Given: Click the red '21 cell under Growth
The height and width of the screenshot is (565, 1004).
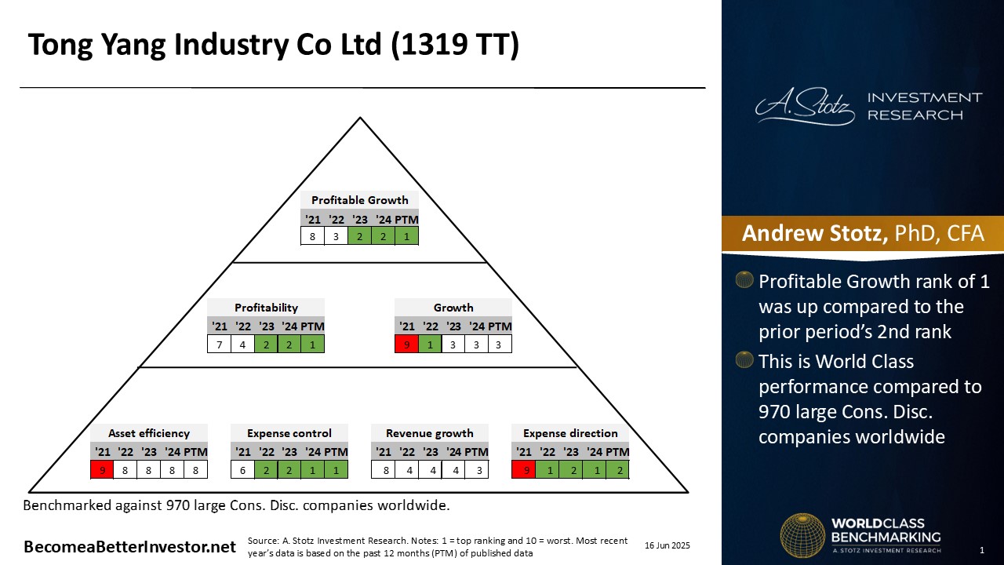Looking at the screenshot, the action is point(406,344).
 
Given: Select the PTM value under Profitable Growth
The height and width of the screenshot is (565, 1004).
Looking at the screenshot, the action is point(406,236).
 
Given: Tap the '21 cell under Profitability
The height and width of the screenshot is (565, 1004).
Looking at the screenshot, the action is point(219,344).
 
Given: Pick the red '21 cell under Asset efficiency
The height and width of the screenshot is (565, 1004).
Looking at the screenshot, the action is point(102,470).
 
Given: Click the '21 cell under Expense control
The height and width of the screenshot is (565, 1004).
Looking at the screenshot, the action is point(243,470).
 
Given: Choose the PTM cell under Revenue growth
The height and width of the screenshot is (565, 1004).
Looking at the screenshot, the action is point(476,470).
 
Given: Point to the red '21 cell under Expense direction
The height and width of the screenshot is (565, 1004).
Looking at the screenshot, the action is point(523,470).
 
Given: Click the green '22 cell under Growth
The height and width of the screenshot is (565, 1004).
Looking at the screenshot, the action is point(430,344).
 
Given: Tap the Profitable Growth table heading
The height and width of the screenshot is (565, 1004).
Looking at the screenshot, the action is point(360,200).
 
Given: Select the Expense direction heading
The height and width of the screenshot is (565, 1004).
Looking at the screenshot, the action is point(570,433).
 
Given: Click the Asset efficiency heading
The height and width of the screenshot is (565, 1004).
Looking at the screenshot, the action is point(149,433).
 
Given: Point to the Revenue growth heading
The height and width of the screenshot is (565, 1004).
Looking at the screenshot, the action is point(429,433).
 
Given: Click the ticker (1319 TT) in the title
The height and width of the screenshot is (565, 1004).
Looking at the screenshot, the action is point(455,44).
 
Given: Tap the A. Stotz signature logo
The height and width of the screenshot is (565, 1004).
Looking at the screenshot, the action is point(805,106).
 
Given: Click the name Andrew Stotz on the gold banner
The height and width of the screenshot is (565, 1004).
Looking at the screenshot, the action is point(814,233).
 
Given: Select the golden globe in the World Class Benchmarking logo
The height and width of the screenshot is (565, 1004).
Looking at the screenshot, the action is point(802,536).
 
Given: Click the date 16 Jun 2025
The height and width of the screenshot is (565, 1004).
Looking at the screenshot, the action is point(668,545).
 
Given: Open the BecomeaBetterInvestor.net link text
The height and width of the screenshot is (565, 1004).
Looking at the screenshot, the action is point(130,547).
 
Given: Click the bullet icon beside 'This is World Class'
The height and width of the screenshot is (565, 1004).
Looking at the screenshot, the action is point(744,359).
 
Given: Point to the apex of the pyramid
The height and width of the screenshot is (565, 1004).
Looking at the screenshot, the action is point(360,118).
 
